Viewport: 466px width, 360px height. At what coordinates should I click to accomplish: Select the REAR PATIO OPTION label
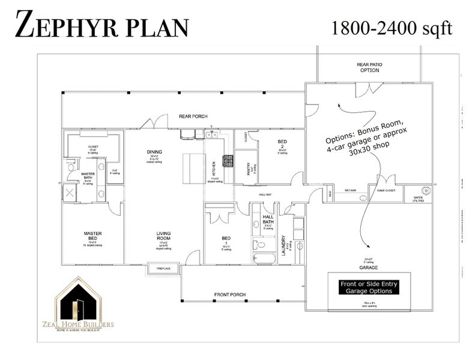point(369,67)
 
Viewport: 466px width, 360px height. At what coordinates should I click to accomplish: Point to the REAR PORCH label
point(193,116)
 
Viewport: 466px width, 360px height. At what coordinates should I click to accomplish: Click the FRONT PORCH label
point(230,295)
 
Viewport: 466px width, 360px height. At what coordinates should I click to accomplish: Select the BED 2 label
point(282,145)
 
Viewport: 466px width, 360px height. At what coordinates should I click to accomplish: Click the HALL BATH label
point(268,220)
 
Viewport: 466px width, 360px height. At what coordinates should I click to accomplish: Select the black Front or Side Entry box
point(369,287)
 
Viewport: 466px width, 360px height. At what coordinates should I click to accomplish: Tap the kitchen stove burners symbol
point(228,160)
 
